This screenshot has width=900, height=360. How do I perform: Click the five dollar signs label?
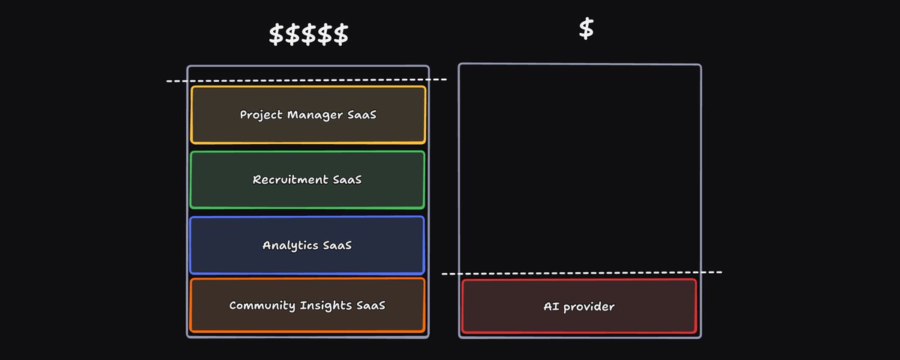[x=308, y=34]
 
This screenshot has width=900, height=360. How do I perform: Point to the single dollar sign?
[x=586, y=28]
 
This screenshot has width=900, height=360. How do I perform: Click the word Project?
[x=262, y=115]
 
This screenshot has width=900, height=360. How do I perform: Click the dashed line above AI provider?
[x=581, y=272]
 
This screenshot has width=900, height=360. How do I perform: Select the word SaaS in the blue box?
[x=337, y=245]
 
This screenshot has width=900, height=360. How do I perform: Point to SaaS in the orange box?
[x=370, y=306]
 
